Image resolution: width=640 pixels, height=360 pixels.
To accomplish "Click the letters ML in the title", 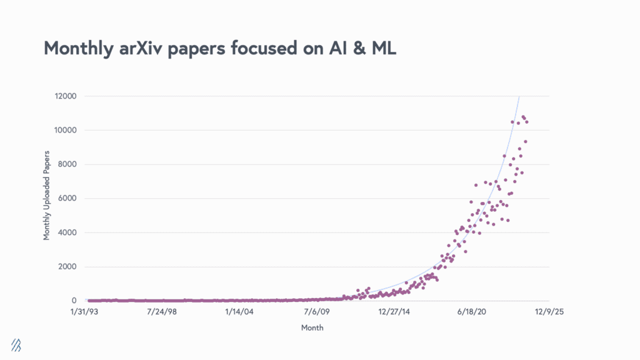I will pyautogui.click(x=382, y=48).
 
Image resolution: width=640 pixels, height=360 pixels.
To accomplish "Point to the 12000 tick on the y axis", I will pyautogui.click(x=65, y=96).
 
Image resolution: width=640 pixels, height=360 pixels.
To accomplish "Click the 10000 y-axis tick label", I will pyautogui.click(x=65, y=131).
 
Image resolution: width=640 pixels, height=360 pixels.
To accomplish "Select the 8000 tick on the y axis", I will pyautogui.click(x=67, y=164).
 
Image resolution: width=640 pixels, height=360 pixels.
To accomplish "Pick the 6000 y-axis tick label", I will pyautogui.click(x=67, y=199).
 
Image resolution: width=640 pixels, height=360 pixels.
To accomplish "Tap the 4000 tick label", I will pyautogui.click(x=67, y=232).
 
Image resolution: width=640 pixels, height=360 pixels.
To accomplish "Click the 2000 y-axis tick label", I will pyautogui.click(x=67, y=267).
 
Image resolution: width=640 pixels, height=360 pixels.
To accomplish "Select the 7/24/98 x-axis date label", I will pyautogui.click(x=161, y=311).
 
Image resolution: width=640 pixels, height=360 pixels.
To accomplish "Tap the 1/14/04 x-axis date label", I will pyautogui.click(x=239, y=311).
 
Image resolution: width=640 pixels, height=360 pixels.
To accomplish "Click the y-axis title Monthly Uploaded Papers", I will pyautogui.click(x=47, y=199).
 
